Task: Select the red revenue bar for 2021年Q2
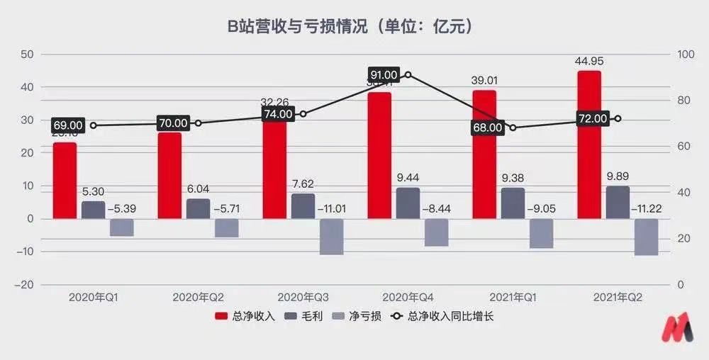click(589, 145)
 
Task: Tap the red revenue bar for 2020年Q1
click(65, 181)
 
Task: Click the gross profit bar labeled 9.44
click(408, 203)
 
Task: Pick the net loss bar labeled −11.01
click(331, 236)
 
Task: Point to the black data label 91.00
click(384, 75)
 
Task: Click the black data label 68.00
click(488, 128)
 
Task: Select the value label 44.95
click(589, 61)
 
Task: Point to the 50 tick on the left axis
click(28, 54)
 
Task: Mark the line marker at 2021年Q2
click(618, 118)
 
